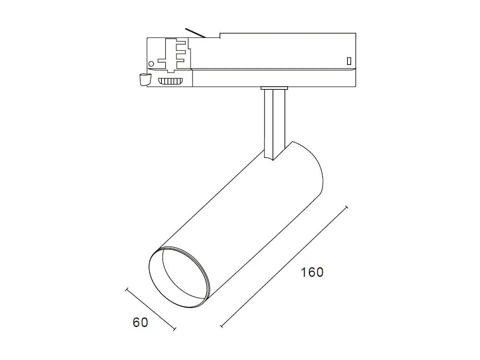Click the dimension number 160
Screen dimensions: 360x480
(x=312, y=272)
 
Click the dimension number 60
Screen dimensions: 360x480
(x=140, y=322)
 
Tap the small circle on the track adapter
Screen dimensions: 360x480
(x=151, y=64)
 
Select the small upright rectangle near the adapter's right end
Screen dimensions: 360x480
(x=349, y=61)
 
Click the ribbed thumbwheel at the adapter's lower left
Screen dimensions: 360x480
(x=170, y=81)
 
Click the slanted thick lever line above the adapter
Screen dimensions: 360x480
(x=195, y=33)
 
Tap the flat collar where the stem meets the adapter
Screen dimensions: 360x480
(x=274, y=88)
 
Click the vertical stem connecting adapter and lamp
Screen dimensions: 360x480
(x=274, y=122)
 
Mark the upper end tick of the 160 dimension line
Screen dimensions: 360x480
(x=346, y=207)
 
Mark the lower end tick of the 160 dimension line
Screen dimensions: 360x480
(x=222, y=326)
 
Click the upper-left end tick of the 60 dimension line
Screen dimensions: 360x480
(x=127, y=290)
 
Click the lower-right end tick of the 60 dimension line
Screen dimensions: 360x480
(x=175, y=329)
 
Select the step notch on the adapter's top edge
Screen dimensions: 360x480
(x=220, y=35)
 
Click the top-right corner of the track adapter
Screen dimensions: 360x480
(x=356, y=33)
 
